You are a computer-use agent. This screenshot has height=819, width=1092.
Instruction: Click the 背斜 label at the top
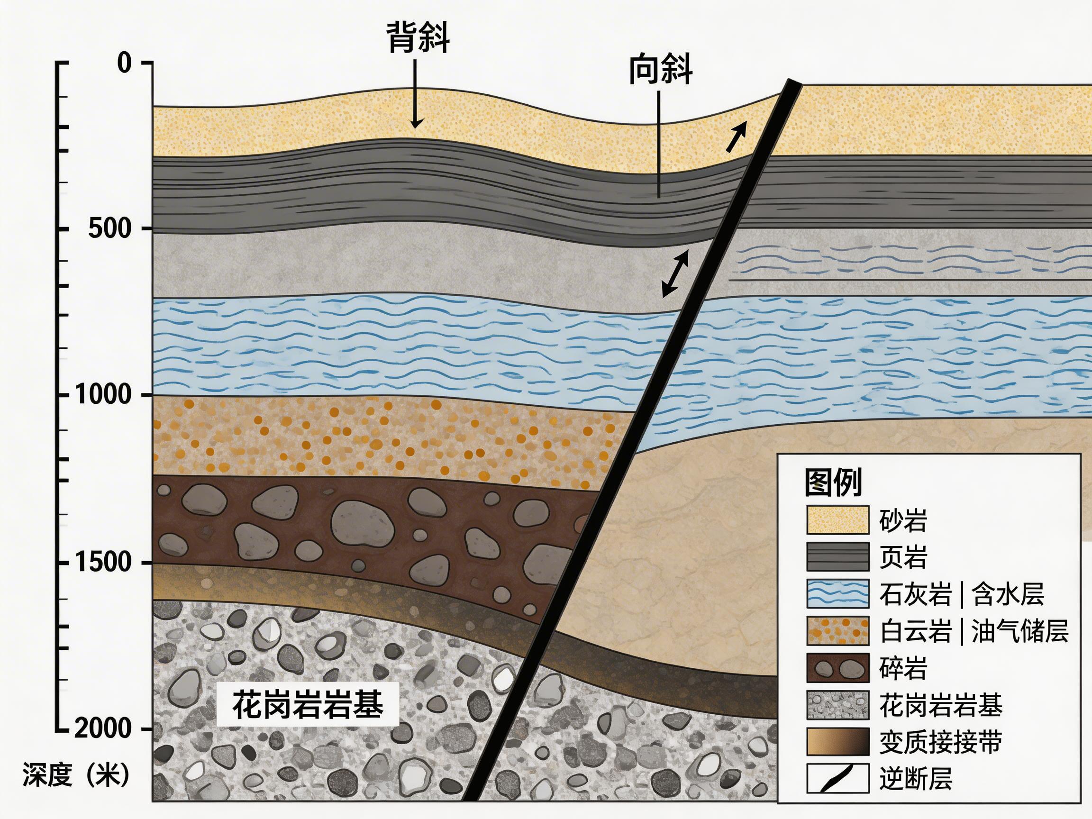[418, 37]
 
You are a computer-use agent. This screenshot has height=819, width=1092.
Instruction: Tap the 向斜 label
[660, 71]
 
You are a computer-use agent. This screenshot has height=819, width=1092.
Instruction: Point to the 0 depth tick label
[124, 63]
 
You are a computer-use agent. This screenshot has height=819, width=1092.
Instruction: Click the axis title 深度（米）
[75, 774]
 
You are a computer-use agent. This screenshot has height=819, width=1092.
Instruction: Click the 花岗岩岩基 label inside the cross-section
[308, 704]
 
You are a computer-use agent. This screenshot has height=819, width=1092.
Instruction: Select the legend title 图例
[833, 482]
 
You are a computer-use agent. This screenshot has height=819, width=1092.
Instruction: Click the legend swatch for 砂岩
[838, 520]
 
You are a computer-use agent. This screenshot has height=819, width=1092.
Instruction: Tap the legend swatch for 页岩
[838, 556]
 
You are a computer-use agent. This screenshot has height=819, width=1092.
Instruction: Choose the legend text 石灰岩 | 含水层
[962, 594]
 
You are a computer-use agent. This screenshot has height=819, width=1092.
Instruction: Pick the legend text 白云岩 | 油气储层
[974, 631]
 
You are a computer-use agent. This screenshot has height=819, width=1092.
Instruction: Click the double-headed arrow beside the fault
[675, 273]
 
